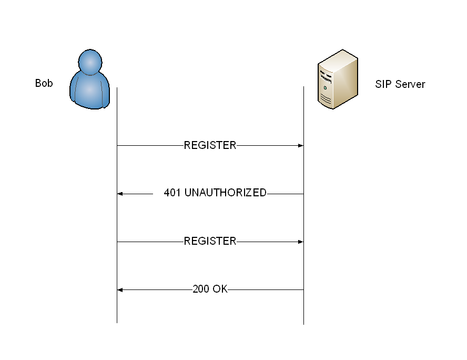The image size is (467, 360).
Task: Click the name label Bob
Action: point(44,83)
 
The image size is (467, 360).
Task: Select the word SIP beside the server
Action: point(383,84)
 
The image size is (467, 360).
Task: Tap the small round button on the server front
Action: point(326,87)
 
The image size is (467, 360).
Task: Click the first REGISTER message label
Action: point(210,145)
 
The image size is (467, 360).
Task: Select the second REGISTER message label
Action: point(210,242)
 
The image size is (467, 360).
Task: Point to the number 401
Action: point(172,193)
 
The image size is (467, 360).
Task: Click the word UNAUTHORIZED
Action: point(226,193)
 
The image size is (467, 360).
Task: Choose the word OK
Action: point(220,289)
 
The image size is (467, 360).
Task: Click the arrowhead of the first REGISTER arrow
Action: point(300,146)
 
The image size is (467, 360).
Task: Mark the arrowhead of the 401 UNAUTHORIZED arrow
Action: point(120,194)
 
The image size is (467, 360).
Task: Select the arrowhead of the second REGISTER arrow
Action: point(300,242)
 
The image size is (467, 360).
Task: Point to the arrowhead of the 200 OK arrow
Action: point(120,290)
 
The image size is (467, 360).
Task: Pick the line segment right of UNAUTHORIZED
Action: point(285,194)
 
